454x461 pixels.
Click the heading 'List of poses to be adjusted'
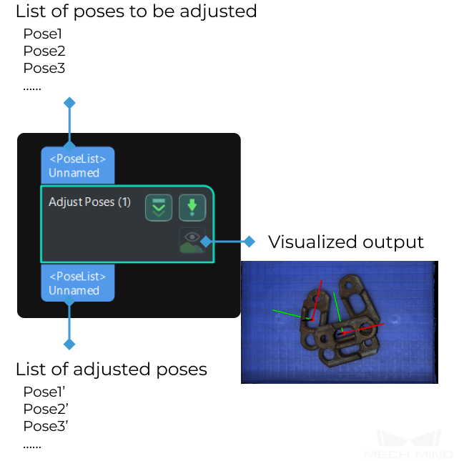(136, 11)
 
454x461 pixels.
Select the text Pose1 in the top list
(43, 34)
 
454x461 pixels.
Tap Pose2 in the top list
(44, 51)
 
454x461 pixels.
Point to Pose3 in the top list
(44, 68)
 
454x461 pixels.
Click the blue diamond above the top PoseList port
(69, 103)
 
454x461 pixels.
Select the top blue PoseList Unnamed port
(77, 164)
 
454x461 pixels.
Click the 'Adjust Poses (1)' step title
(89, 202)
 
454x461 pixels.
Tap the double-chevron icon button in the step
(159, 207)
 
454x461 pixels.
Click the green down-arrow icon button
(192, 207)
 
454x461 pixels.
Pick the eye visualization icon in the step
(191, 241)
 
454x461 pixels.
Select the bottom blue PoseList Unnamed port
(77, 283)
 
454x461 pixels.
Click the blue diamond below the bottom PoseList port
(69, 344)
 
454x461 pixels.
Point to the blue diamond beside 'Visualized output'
(249, 242)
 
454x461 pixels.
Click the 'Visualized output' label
(346, 242)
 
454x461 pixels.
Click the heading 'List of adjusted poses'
(112, 369)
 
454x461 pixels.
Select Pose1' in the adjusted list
(44, 392)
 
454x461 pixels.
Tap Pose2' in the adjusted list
(46, 409)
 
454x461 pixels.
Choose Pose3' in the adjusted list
(46, 426)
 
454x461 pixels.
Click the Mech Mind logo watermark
(408, 444)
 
